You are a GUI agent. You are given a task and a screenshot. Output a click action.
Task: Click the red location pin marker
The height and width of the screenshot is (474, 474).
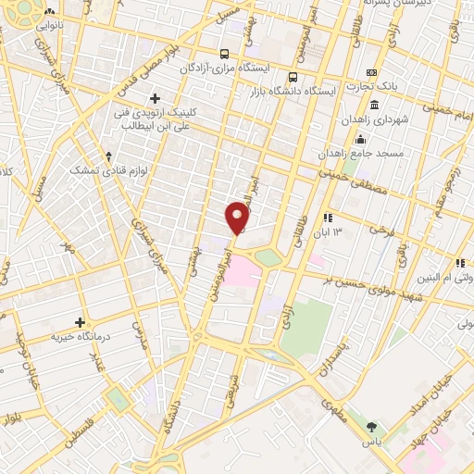tap(238, 218)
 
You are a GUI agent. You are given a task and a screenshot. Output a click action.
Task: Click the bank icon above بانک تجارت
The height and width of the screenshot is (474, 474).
tap(372, 73)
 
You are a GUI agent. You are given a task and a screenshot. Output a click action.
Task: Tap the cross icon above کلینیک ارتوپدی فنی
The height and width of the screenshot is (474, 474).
tap(155, 98)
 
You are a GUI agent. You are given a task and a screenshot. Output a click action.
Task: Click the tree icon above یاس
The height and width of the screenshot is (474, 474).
tap(372, 427)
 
